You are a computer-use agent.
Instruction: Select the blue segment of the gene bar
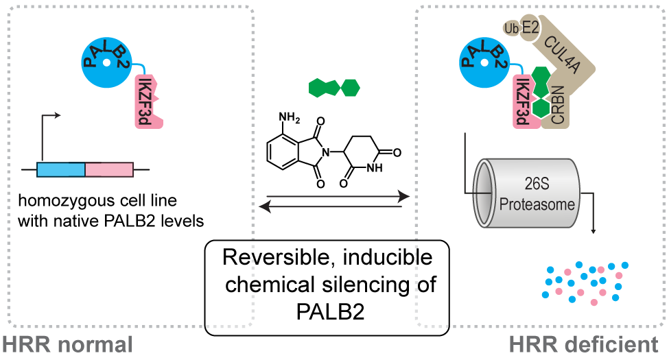coord(60,169)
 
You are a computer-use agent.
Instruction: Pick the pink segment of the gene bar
coord(108,169)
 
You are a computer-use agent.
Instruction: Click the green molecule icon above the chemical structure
coord(335,88)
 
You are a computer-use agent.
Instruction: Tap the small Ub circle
coord(510,28)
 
